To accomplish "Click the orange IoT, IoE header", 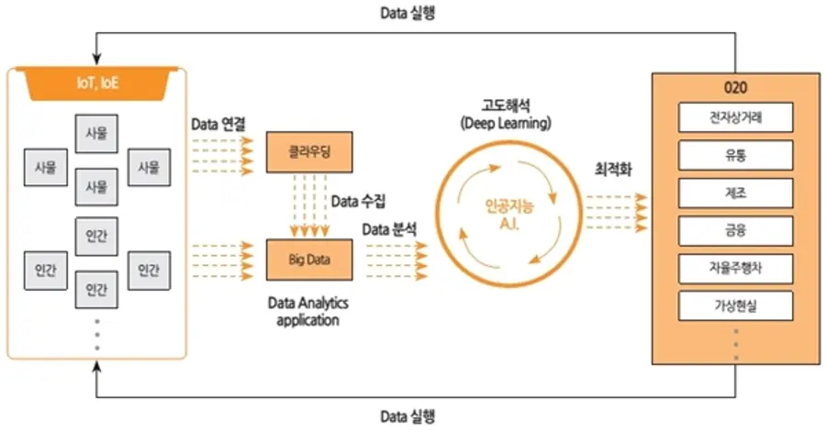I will coord(96,83).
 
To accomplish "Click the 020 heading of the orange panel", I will coord(735,89).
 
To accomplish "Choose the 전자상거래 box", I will coord(735,118).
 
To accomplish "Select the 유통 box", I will coord(735,155).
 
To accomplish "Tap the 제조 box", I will coord(735,193).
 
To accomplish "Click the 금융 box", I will coord(735,230).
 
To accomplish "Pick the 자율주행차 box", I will coord(735,268).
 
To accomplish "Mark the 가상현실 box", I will coord(735,305).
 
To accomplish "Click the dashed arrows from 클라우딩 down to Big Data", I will coord(310,205).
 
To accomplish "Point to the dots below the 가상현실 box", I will coord(735,345).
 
